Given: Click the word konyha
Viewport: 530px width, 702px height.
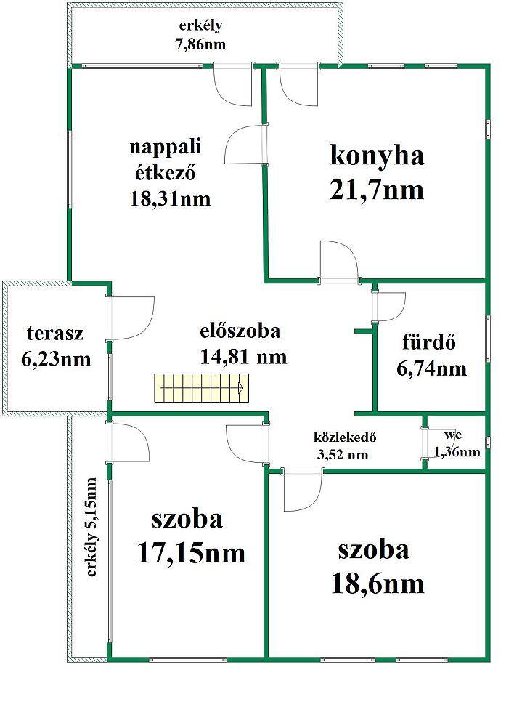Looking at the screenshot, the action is coord(377,156).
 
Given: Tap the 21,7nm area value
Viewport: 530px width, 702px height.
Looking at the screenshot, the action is coord(377,190).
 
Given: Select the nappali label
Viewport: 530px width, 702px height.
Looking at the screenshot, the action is coord(166,148).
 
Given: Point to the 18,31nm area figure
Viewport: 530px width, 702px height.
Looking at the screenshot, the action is coord(170,198).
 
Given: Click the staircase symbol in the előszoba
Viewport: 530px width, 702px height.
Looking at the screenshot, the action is coord(202,388).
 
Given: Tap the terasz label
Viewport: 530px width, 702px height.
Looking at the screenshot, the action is coord(55,333).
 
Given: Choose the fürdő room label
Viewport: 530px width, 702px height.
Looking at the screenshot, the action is coord(429,342).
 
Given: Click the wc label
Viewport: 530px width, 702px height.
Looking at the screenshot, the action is coord(453,435).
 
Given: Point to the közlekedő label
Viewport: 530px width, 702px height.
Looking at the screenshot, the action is coord(345,437).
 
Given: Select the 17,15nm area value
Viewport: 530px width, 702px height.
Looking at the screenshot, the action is coord(191,552).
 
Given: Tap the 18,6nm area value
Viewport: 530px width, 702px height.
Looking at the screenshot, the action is coord(378,584).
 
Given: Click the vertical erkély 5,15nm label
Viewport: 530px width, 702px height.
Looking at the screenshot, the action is coord(91,528).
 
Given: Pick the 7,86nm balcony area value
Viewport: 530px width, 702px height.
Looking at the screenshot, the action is coord(200,45).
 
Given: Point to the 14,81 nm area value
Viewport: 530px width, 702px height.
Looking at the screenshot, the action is coord(244,358).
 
